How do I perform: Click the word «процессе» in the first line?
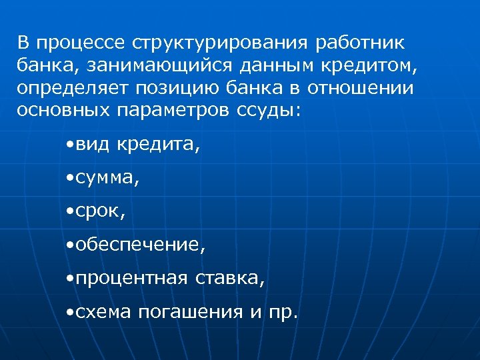(81, 44)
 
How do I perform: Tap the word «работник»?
(363, 44)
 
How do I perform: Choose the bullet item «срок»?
(99, 212)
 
